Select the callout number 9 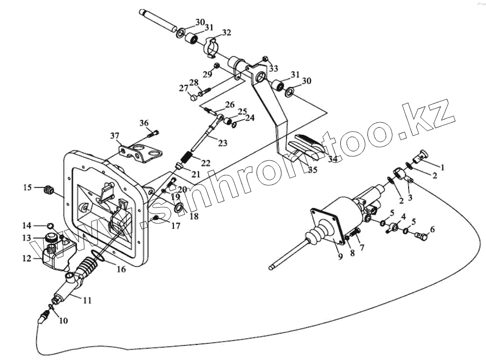340,256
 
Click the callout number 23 222,143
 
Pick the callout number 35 313,170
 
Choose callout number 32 226,33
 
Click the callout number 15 28,188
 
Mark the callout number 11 87,301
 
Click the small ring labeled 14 50,225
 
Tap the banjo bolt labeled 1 420,155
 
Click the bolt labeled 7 356,233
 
